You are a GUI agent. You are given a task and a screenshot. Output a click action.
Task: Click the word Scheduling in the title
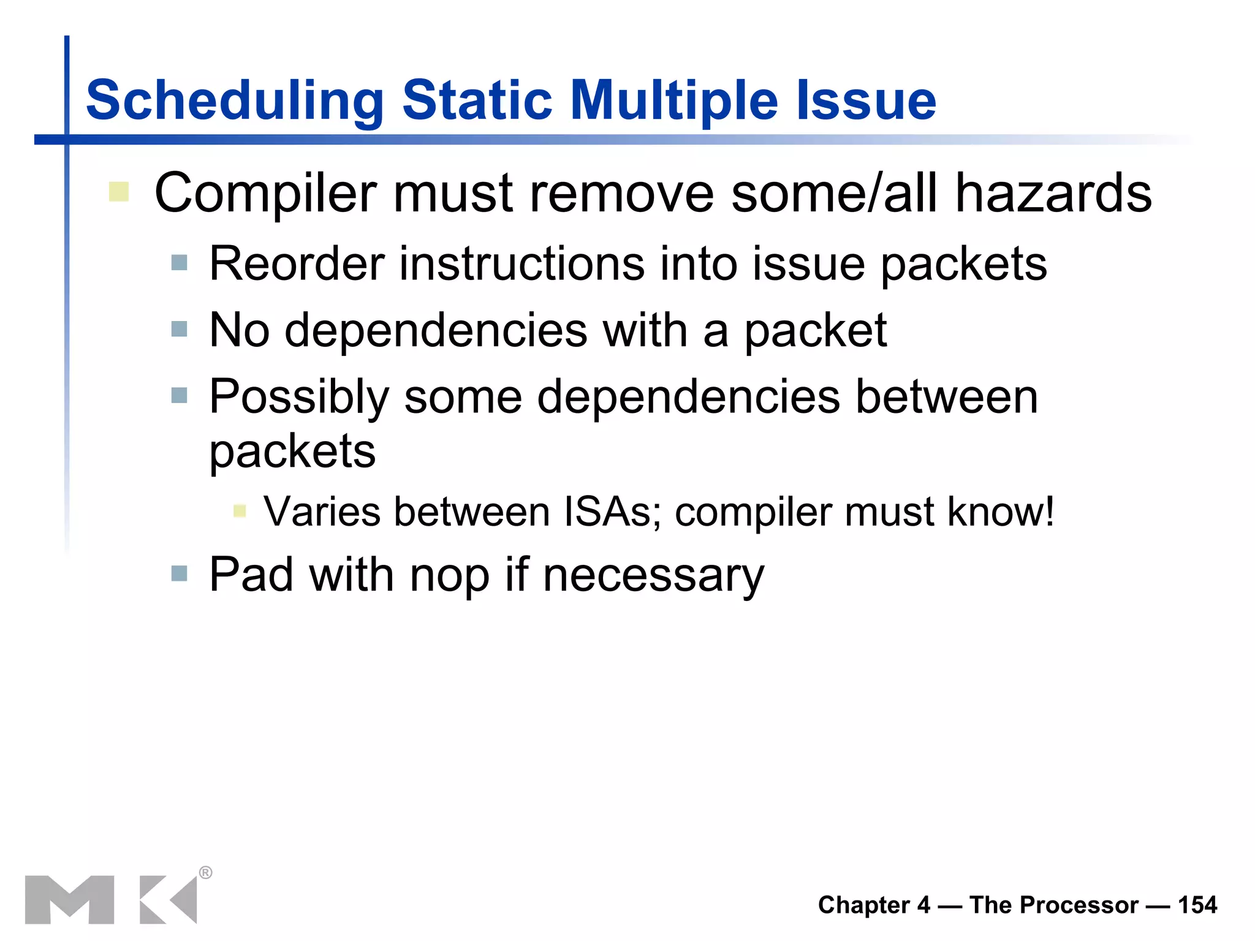[235, 101]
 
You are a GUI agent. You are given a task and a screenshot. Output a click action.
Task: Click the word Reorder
[297, 264]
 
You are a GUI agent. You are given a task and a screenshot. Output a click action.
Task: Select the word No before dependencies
[239, 331]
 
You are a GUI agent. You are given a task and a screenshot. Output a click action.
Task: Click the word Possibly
[298, 398]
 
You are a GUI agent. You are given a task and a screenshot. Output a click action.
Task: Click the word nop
[449, 576]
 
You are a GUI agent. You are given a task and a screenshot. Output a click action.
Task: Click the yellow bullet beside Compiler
[118, 192]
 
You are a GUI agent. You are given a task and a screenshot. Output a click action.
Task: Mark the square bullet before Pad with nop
[179, 574]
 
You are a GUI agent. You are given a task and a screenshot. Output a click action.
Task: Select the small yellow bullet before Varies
[240, 511]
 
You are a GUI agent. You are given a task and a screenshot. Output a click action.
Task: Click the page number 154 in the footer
[1197, 905]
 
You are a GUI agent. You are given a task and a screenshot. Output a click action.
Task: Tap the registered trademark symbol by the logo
[206, 872]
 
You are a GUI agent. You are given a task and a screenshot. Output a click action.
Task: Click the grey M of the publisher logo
[69, 899]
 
